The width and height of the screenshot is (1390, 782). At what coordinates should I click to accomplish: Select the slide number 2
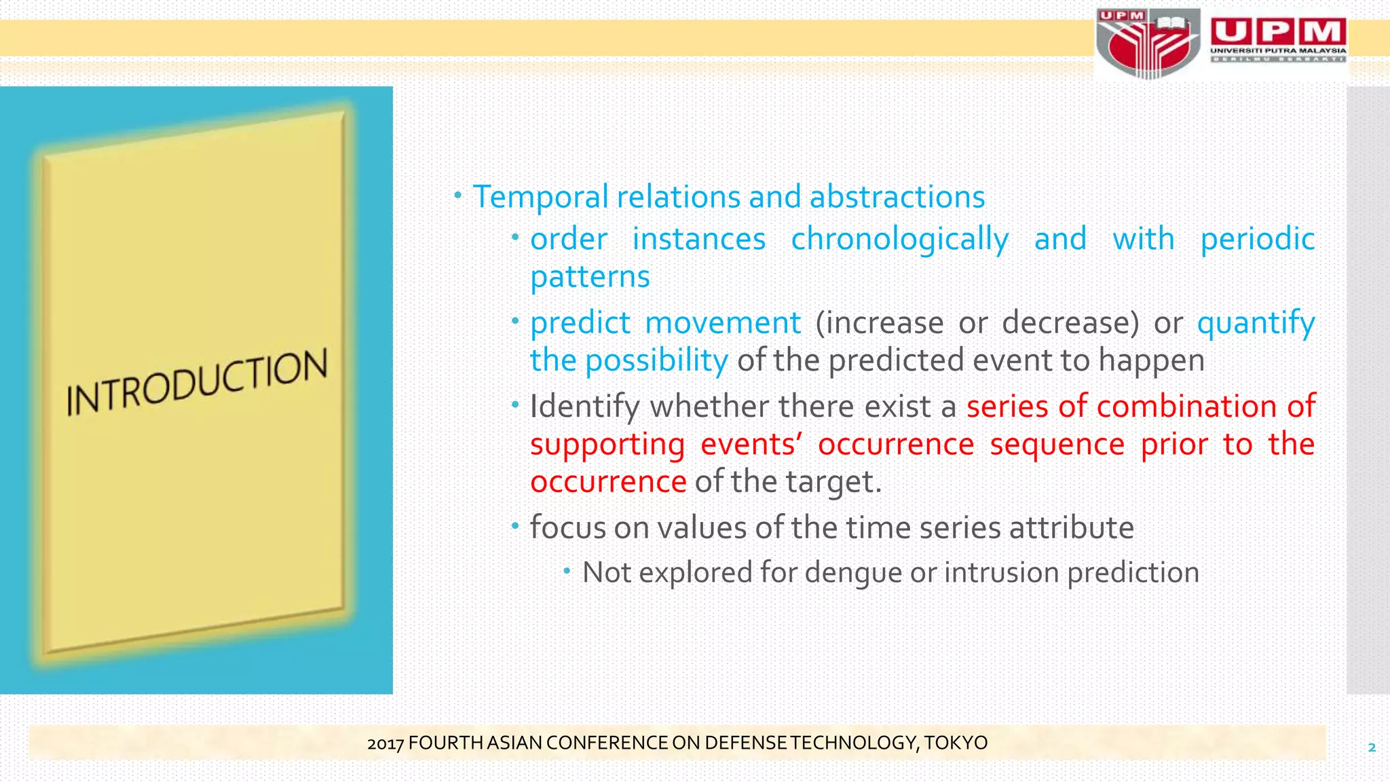click(x=1372, y=748)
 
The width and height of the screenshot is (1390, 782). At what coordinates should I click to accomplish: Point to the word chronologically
click(x=899, y=240)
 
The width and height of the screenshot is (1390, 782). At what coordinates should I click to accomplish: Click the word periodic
click(x=1257, y=239)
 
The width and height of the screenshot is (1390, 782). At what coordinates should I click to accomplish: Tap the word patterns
click(x=590, y=277)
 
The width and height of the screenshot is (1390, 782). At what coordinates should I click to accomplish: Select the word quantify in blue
click(x=1256, y=323)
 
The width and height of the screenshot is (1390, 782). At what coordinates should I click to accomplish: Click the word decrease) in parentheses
click(x=1070, y=322)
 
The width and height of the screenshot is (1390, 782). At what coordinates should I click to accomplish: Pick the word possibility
click(x=656, y=360)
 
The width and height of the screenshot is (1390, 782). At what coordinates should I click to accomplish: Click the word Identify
click(x=584, y=407)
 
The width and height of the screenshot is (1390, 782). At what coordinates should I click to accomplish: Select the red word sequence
click(x=1057, y=445)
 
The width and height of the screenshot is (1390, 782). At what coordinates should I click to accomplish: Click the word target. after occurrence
click(x=833, y=482)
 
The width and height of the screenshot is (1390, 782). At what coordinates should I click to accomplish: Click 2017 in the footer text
click(x=386, y=743)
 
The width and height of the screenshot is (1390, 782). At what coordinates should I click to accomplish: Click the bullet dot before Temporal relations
click(x=458, y=196)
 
